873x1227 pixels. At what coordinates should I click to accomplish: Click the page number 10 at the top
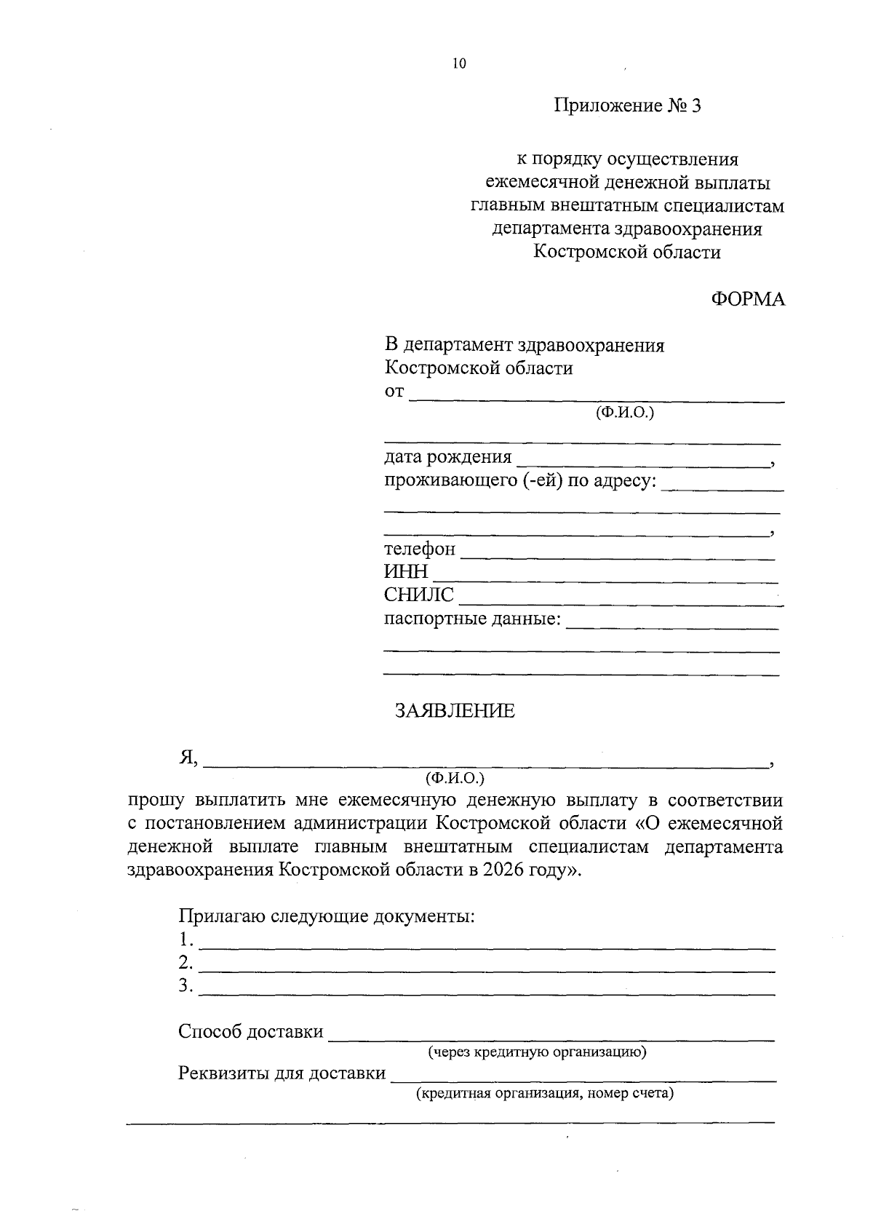(458, 64)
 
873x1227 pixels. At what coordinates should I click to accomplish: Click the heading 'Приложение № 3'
(628, 106)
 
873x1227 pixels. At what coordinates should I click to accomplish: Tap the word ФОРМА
(748, 299)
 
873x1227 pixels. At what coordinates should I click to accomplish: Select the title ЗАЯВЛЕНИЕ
(455, 711)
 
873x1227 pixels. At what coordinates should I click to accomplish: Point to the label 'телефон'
(420, 549)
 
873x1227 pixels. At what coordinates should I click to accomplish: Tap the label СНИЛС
(418, 596)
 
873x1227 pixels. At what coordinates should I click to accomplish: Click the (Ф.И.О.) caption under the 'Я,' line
(455, 778)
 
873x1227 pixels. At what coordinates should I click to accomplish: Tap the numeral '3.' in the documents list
(186, 987)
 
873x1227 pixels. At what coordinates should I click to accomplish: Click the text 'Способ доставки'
(251, 1032)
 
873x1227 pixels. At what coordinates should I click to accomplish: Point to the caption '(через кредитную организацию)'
(537, 1052)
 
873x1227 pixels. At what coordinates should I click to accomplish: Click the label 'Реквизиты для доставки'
(282, 1073)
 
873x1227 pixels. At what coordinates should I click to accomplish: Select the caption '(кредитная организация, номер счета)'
(544, 1094)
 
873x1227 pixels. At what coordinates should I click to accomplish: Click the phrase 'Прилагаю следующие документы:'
(327, 916)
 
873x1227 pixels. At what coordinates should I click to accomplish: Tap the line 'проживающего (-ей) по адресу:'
(520, 482)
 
